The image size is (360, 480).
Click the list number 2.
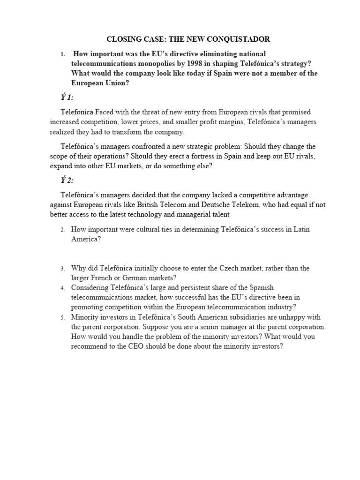click(x=62, y=230)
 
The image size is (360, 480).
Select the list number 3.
click(x=62, y=269)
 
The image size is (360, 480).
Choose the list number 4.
click(x=62, y=288)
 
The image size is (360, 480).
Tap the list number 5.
click(x=62, y=317)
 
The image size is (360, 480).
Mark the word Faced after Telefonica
click(x=108, y=112)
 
